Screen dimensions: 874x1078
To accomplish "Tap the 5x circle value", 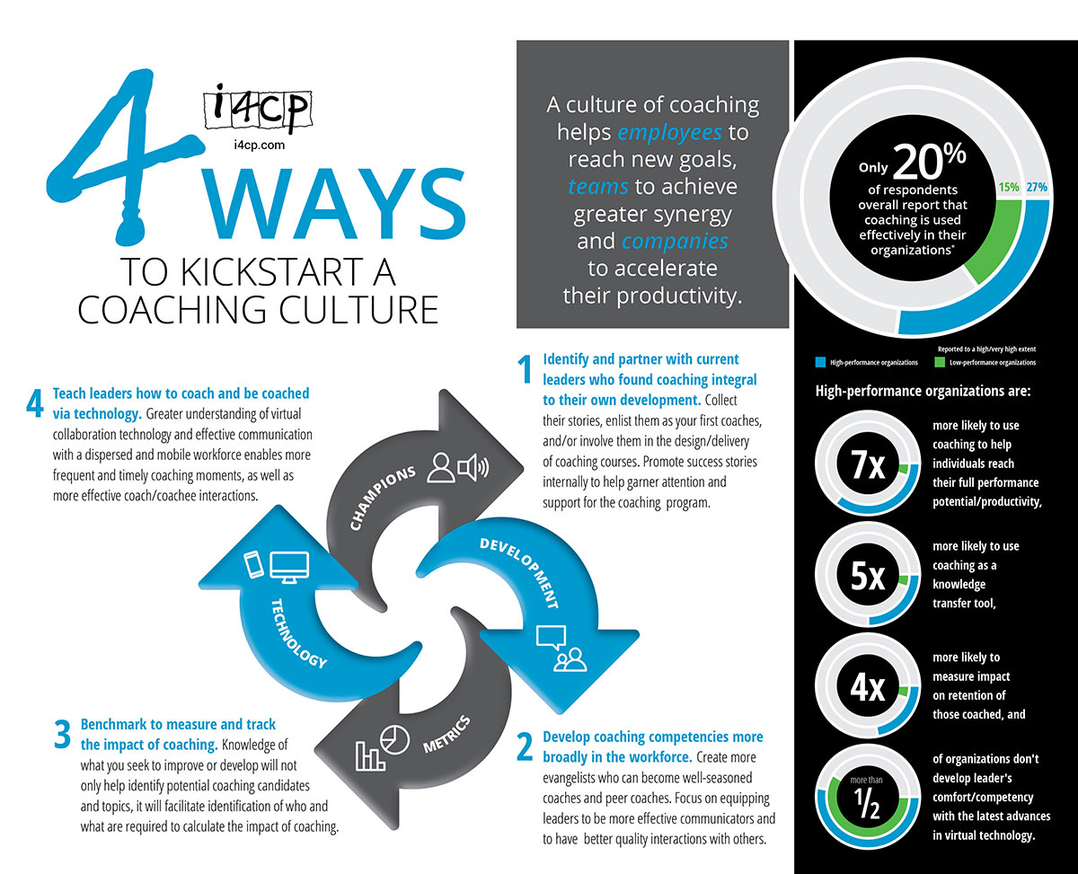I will (x=869, y=577).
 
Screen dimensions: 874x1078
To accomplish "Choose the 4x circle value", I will (x=869, y=688).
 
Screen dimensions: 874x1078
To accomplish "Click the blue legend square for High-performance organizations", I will (x=819, y=362).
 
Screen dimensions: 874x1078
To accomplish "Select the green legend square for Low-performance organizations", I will (x=940, y=362).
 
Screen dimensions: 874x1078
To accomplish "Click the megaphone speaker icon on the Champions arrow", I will (x=472, y=467).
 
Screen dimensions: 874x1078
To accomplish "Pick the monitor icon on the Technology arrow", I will (x=289, y=566).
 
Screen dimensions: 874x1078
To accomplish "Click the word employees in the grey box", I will (x=669, y=133).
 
